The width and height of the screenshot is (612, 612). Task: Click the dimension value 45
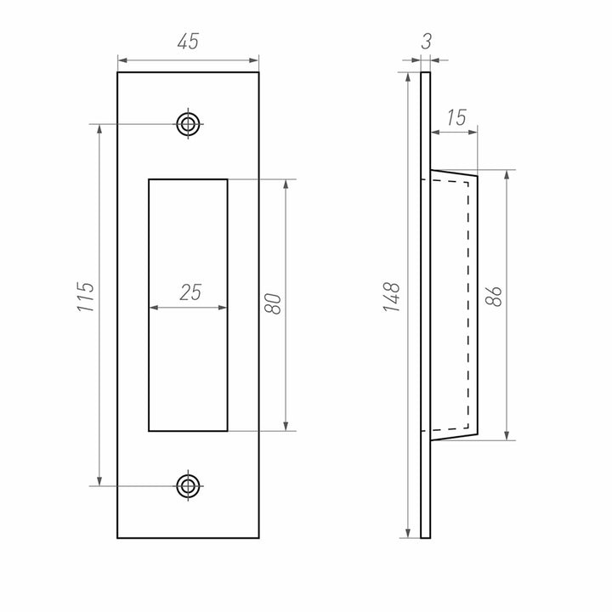pos(188,42)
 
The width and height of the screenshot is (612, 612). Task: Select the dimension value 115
pos(86,297)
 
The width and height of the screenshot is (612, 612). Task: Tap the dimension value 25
pos(191,292)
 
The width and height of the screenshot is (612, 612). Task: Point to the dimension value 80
pos(273,303)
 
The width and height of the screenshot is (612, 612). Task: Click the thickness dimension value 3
pos(426,42)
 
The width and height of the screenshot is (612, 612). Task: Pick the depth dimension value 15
pos(456,117)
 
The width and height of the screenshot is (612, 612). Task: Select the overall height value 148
pos(392,297)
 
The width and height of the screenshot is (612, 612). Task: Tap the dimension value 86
pos(494,297)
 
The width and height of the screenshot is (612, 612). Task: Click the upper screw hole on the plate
pos(188,124)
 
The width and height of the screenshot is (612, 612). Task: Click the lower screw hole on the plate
pos(188,486)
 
